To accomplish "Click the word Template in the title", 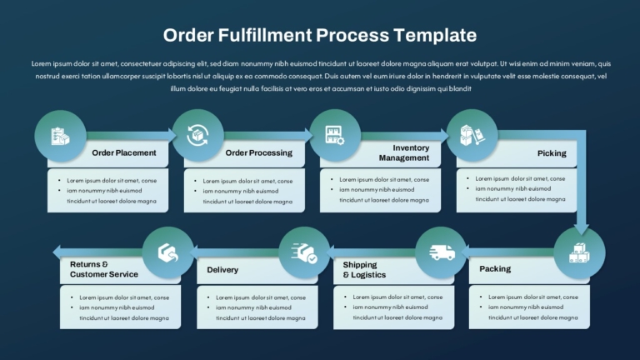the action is click(435, 35).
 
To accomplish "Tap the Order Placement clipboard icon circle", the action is click(60, 136).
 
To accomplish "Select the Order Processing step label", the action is click(259, 152).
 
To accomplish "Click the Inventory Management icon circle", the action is click(335, 135).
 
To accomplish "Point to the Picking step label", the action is click(552, 153).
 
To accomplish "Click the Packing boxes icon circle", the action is click(580, 253).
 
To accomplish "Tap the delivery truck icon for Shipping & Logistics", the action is click(442, 252).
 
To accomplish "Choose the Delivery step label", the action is click(222, 270).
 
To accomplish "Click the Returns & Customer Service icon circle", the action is click(168, 252).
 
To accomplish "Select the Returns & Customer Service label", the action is click(103, 269).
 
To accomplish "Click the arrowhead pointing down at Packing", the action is click(581, 229).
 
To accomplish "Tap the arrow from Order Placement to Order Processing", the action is click(131, 135).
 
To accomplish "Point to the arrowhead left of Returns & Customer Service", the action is click(57, 252).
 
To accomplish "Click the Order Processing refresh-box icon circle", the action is click(198, 135).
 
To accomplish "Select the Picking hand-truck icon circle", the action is click(472, 135).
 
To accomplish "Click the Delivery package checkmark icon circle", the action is click(304, 252).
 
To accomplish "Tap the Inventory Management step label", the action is click(403, 152).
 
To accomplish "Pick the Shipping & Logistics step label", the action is click(364, 270).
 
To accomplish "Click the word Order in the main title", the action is click(188, 35).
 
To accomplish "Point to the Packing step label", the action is click(495, 269).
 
